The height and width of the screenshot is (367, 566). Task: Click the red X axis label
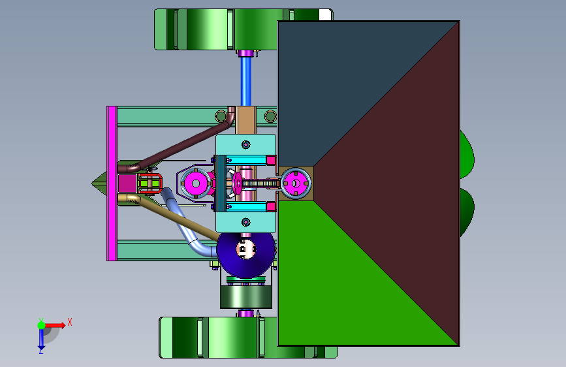(x=70, y=322)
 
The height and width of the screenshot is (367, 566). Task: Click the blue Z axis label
(x=40, y=351)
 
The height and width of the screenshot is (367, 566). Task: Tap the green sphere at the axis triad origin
(x=41, y=325)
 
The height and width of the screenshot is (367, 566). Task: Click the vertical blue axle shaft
(x=246, y=81)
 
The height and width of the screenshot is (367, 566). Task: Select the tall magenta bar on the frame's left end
(x=112, y=183)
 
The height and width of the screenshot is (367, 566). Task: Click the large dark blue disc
(x=246, y=255)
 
